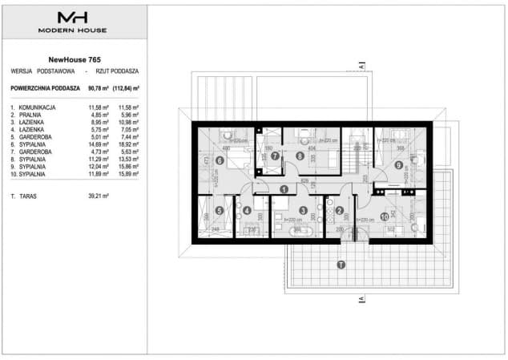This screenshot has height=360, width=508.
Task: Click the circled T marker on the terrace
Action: [x=341, y=264]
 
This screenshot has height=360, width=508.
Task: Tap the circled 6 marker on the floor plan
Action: [x=220, y=159]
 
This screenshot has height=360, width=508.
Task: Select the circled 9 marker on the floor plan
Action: [x=397, y=165]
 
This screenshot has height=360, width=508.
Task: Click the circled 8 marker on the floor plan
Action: [x=300, y=156]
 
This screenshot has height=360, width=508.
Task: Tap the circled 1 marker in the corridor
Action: [x=284, y=189]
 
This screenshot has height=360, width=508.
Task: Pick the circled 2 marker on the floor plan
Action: [x=339, y=212]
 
